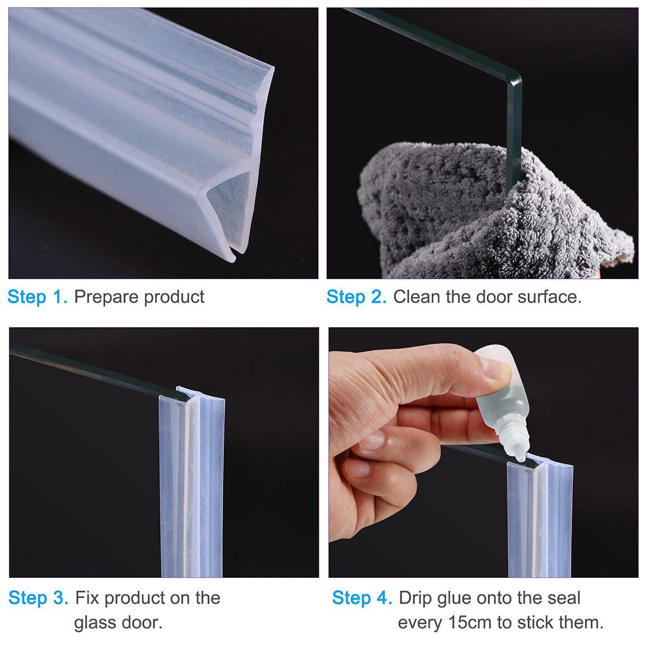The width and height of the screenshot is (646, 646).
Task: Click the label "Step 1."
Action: pos(38,297)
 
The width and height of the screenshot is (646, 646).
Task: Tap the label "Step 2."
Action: pos(356,297)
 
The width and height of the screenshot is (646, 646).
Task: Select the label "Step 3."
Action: pos(39,598)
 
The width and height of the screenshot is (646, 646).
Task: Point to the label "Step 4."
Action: pos(362,598)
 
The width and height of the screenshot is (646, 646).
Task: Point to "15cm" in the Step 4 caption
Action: pos(469,623)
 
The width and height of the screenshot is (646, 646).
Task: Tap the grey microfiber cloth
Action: pos(464,217)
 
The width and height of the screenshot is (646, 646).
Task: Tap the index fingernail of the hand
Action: pos(372,440)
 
